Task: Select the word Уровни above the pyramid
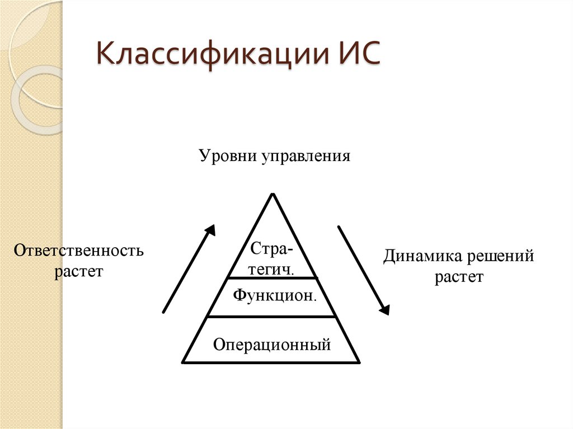tap(225, 156)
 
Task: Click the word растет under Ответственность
tap(79, 272)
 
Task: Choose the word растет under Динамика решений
tap(459, 277)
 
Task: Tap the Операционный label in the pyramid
tap(272, 343)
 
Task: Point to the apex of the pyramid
tap(273, 194)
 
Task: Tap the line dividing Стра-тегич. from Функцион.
tap(273, 278)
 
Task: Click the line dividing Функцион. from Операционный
tap(273, 317)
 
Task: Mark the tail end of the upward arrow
tap(163, 312)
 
